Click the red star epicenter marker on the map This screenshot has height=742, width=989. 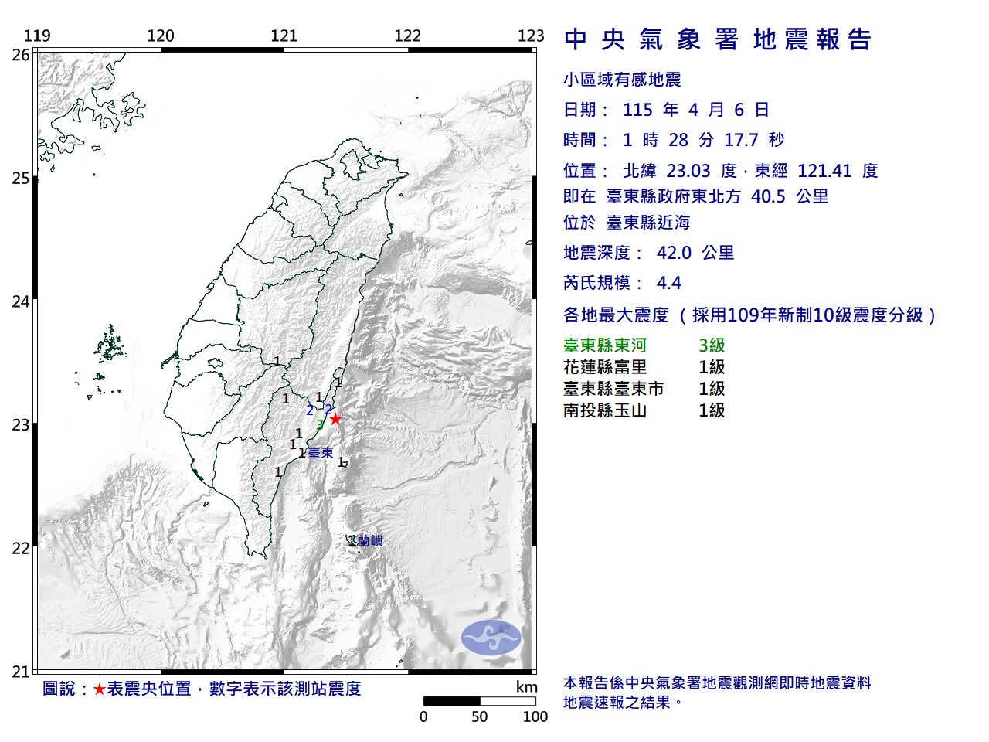(x=335, y=419)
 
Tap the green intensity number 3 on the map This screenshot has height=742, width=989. (x=320, y=424)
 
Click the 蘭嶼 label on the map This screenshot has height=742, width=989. (x=370, y=541)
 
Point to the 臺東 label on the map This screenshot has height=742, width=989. (x=321, y=453)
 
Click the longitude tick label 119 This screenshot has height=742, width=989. (x=37, y=36)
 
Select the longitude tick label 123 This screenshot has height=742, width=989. (x=531, y=36)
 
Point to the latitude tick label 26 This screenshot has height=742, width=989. (x=21, y=55)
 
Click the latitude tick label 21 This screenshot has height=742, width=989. (x=21, y=672)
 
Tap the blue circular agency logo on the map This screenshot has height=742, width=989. (x=491, y=638)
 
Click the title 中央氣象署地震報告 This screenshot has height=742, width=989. (x=718, y=39)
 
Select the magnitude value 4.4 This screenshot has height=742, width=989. (x=668, y=283)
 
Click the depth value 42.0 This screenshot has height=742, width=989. (x=673, y=253)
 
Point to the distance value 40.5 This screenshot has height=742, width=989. (x=768, y=196)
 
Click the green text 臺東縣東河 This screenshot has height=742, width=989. (x=605, y=345)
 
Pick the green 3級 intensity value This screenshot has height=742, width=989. (x=712, y=345)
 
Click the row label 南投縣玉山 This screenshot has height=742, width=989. (x=605, y=410)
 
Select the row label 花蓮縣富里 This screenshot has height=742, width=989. (x=605, y=367)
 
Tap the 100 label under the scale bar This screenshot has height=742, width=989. (x=535, y=716)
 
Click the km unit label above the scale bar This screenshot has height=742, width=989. (x=526, y=687)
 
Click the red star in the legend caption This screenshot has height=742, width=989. (x=99, y=689)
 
